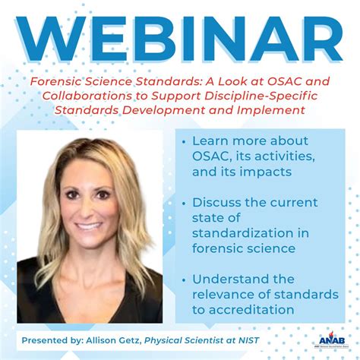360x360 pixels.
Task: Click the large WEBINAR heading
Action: pyautogui.click(x=180, y=37)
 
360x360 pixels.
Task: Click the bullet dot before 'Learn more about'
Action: pyautogui.click(x=185, y=142)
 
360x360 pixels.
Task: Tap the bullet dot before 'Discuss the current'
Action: pyautogui.click(x=185, y=204)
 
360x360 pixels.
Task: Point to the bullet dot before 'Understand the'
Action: pyautogui.click(x=185, y=279)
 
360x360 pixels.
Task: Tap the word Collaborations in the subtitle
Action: pyautogui.click(x=84, y=96)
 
